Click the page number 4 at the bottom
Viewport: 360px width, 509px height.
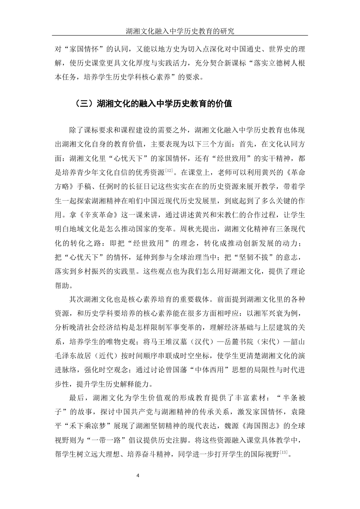tap(138, 476)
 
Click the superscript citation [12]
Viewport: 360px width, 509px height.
tap(169, 171)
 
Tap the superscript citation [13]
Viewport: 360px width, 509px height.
tap(284, 452)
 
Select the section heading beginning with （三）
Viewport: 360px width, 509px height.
tap(153, 103)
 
